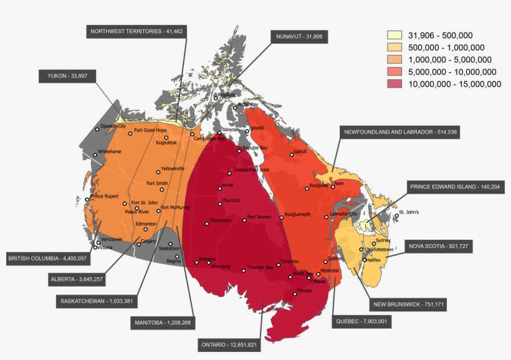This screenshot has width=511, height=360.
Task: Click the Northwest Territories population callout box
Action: point(136,31)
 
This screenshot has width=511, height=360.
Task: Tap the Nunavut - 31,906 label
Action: point(299,37)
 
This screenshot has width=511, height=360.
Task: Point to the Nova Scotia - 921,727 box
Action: point(438,246)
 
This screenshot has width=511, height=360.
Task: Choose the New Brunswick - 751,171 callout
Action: point(408,305)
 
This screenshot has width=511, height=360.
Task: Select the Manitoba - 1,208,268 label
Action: point(163,323)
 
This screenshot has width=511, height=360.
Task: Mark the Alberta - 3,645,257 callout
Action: point(77,280)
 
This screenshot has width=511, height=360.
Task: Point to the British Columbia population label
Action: point(47,258)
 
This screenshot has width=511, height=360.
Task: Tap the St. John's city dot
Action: point(396,216)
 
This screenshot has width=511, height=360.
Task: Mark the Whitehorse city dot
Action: point(95,154)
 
